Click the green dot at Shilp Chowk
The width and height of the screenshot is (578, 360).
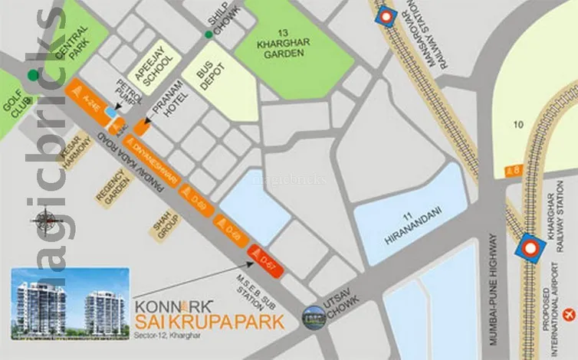[208, 34]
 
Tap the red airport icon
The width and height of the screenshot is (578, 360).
[568, 314]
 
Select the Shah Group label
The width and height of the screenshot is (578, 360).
[169, 223]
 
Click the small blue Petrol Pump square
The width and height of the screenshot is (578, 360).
[113, 113]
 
